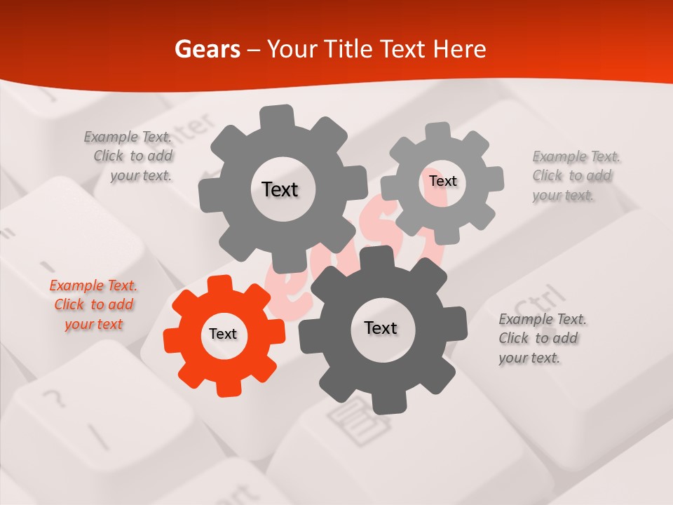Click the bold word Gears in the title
(208, 49)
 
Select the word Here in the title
(459, 49)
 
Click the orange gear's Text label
(223, 335)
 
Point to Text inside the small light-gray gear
(443, 181)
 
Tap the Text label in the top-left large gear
(280, 189)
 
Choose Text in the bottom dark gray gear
(381, 328)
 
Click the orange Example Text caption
(93, 304)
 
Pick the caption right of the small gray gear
(576, 175)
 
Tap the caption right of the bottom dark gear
(543, 338)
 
